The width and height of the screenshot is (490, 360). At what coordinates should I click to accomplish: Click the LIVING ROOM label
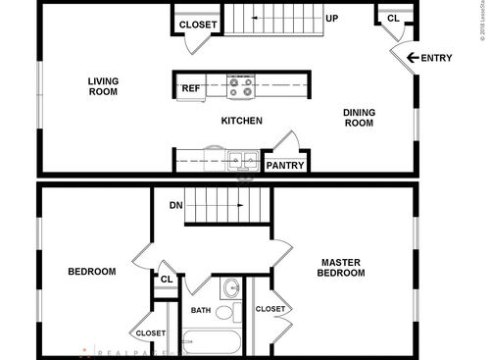102,86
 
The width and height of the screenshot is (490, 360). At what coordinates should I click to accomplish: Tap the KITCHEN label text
241,121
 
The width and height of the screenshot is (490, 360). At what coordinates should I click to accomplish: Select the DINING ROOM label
359,118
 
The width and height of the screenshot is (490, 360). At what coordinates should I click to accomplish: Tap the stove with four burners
240,87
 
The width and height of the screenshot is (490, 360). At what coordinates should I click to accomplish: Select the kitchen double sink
240,159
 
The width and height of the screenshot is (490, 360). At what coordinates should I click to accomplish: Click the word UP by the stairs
332,19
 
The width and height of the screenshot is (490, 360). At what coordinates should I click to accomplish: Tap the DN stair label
176,205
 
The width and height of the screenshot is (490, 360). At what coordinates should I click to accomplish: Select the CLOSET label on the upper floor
198,24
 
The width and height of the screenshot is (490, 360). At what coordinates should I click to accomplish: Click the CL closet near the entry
393,18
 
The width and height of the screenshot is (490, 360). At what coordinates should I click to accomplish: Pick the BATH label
201,311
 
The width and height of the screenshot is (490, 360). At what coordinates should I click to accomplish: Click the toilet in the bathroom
225,312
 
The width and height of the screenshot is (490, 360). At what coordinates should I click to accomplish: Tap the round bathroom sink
231,288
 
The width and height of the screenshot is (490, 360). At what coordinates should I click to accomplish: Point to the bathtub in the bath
213,343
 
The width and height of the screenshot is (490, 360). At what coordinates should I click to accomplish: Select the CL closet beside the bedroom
167,280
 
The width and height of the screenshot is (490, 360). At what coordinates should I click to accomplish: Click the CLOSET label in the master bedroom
270,309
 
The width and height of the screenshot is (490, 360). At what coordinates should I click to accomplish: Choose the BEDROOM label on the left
91,272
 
